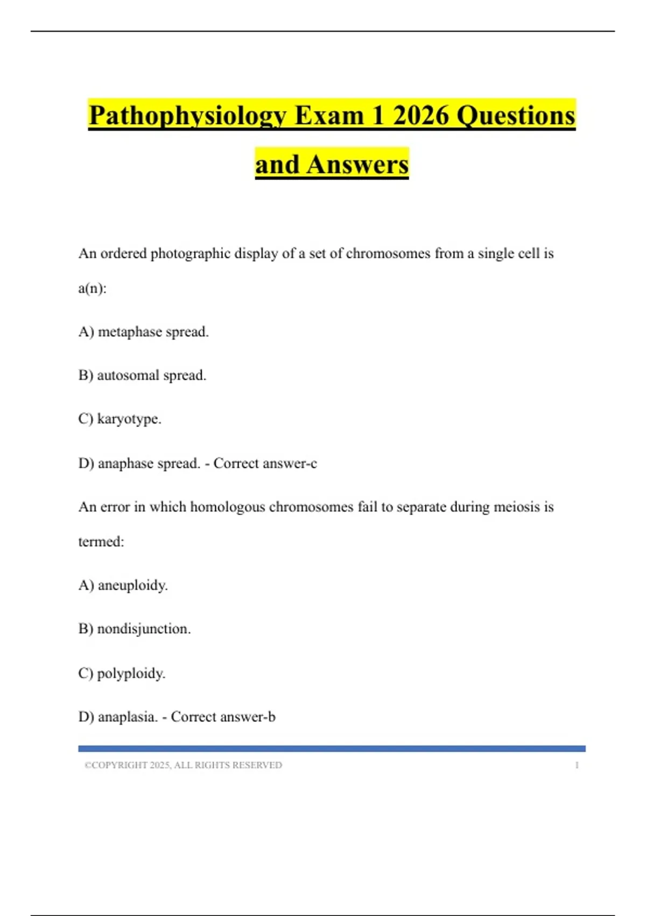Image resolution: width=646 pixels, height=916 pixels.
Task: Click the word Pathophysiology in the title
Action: pos(188,116)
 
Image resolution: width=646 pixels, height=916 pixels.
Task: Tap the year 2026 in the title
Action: pos(420,115)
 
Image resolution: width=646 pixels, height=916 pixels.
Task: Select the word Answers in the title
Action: pos(357,164)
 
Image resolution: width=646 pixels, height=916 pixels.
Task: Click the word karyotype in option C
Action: pos(129,419)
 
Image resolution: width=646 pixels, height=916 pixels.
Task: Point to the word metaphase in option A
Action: pos(130,332)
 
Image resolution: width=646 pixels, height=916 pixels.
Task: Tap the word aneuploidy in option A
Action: pos(132,586)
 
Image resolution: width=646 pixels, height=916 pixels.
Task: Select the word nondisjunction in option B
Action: pos(144,629)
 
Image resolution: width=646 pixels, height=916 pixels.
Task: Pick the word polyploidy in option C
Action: pos(131,674)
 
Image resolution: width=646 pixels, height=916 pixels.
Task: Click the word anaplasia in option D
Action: pos(128,717)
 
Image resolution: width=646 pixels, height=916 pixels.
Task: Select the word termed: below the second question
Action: pos(101,542)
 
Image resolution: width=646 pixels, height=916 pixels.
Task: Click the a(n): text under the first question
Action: pos(92,288)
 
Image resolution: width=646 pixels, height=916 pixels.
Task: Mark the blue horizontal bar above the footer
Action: pos(332,748)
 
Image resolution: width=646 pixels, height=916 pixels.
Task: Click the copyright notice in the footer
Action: pos(183,765)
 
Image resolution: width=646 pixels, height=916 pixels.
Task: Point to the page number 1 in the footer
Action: pos(577,765)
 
